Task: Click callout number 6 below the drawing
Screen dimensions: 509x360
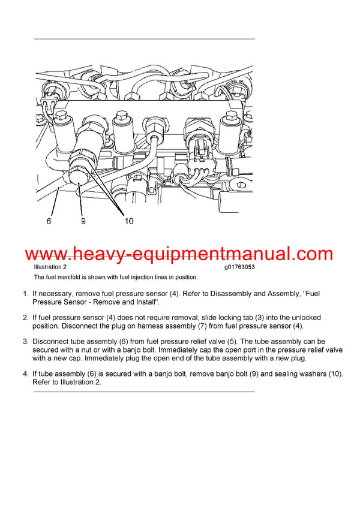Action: point(49,221)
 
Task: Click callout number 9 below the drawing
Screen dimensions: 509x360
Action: point(83,221)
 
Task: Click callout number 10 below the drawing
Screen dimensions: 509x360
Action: point(129,221)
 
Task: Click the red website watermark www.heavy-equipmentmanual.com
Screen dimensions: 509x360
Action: point(179,254)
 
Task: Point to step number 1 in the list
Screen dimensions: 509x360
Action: point(25,294)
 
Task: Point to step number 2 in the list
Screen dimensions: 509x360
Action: point(25,317)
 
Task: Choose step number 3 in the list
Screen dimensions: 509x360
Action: point(25,341)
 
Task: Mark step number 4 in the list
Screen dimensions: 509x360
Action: point(25,374)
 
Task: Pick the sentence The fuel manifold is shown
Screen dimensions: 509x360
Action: point(115,277)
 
